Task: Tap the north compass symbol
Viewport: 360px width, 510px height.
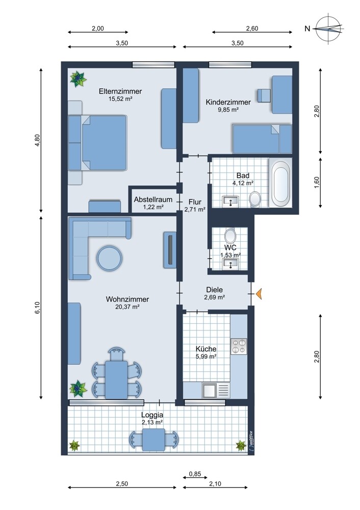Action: click(329, 29)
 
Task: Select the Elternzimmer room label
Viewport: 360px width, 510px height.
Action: click(120, 91)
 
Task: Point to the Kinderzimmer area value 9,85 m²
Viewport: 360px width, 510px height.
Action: click(228, 110)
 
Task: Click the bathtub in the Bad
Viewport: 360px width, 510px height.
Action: click(280, 183)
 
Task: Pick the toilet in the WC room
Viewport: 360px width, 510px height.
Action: click(230, 236)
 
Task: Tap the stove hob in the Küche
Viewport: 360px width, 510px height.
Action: click(239, 346)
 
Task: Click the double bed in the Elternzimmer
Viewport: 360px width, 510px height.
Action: click(97, 143)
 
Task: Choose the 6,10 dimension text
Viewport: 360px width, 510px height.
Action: click(37, 308)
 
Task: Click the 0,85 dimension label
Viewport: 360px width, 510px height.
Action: click(195, 474)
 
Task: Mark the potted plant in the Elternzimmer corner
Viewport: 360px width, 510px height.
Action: click(78, 79)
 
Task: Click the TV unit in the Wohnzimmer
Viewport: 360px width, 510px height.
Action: click(170, 249)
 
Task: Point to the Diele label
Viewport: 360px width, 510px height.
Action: click(215, 290)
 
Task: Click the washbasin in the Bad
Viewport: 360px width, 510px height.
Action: click(230, 201)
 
